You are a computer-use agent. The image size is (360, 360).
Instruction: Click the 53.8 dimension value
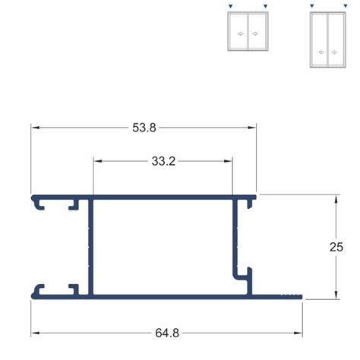click(144, 128)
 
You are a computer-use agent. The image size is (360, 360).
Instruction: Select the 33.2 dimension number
click(163, 161)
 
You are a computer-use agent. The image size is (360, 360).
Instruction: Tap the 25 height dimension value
click(336, 247)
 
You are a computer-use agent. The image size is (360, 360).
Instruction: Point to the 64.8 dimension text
click(167, 333)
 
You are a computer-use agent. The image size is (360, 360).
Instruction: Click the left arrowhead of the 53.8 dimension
click(35, 128)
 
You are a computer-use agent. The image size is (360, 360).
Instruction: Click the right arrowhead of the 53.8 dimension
click(252, 128)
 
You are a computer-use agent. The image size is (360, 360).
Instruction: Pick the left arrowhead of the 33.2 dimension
click(97, 161)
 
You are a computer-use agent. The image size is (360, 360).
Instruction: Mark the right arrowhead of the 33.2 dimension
click(228, 161)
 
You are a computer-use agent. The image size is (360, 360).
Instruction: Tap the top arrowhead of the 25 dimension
click(336, 199)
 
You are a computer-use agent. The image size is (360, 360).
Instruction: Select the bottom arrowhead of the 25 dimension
click(336, 295)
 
